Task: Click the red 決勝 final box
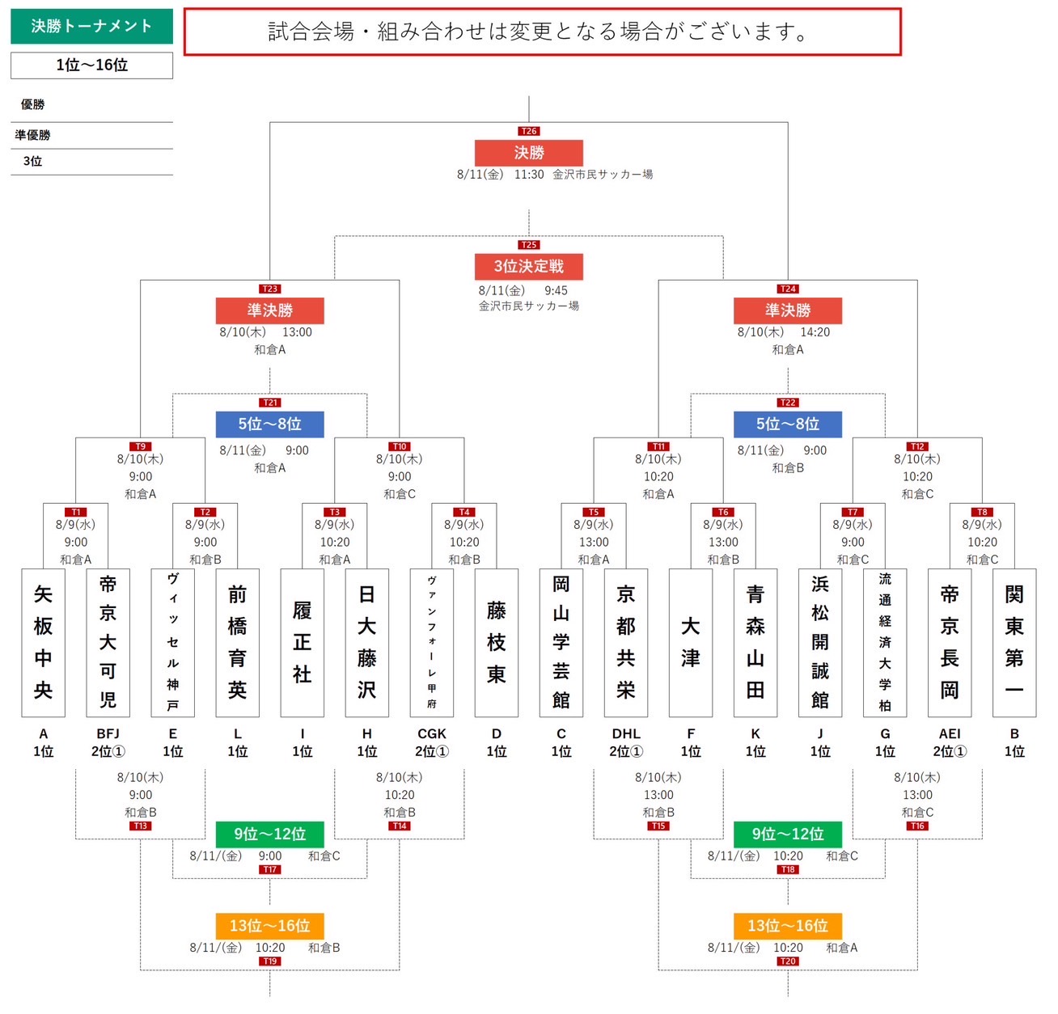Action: tap(528, 153)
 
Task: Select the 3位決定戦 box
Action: tap(528, 266)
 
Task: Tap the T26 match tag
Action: tap(528, 131)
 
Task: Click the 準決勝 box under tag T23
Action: tap(269, 311)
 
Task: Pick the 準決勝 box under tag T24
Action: tap(787, 311)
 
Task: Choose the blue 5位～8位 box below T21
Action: tap(269, 424)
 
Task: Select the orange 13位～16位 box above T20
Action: tap(787, 925)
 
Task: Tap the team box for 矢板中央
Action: tap(44, 642)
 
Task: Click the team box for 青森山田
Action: tap(755, 642)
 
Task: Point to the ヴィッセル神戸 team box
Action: tap(173, 642)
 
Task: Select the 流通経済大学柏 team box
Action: tap(885, 642)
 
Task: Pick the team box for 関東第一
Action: tap(1014, 642)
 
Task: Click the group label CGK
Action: tap(432, 733)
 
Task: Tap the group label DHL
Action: tap(626, 733)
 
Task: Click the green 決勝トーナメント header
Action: tap(92, 26)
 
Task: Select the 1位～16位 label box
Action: tap(92, 65)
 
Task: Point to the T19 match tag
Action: tap(269, 961)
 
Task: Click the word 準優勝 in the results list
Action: tap(32, 135)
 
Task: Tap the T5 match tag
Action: tap(593, 512)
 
